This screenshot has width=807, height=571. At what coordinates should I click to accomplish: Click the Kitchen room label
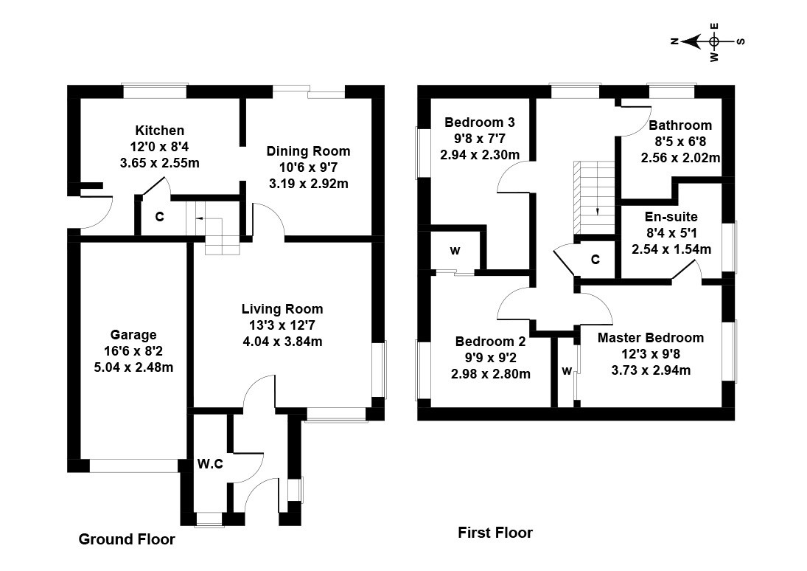[159, 131]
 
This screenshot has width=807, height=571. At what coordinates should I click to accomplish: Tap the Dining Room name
[308, 151]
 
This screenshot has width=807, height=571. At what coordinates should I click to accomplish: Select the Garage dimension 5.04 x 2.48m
[133, 367]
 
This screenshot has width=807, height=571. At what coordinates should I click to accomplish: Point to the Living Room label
[282, 309]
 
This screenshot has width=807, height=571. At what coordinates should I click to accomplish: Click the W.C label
[210, 464]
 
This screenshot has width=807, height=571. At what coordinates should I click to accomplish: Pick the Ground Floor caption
[127, 539]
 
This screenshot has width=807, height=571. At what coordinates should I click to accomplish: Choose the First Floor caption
[495, 533]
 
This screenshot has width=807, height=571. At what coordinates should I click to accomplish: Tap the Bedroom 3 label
[480, 122]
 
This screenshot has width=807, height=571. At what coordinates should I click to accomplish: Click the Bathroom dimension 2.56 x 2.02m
[680, 158]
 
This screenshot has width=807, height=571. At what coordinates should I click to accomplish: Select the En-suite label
[671, 217]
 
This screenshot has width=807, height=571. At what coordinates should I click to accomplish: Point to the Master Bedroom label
[651, 338]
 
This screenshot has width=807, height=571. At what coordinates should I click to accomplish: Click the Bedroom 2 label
[491, 342]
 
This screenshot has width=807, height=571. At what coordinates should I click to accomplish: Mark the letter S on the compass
[741, 41]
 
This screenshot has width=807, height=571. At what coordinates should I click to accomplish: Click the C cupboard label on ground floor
[159, 217]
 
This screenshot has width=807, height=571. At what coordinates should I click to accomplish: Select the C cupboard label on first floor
[595, 259]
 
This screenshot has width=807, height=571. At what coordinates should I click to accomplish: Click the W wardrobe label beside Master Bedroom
[567, 371]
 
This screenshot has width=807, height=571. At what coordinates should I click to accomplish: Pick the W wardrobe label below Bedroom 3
[455, 251]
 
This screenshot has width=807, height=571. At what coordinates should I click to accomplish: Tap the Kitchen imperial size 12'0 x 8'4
[159, 147]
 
